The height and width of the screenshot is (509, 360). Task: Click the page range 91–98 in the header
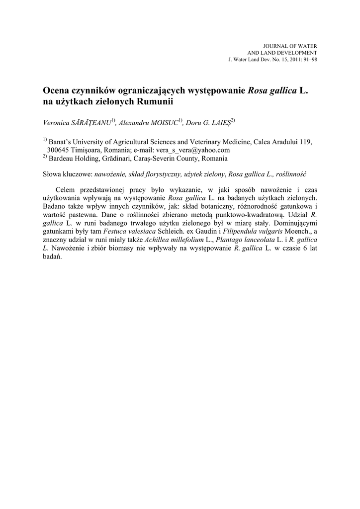pos(307,59)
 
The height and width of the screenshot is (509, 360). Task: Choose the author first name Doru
pos(194,122)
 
